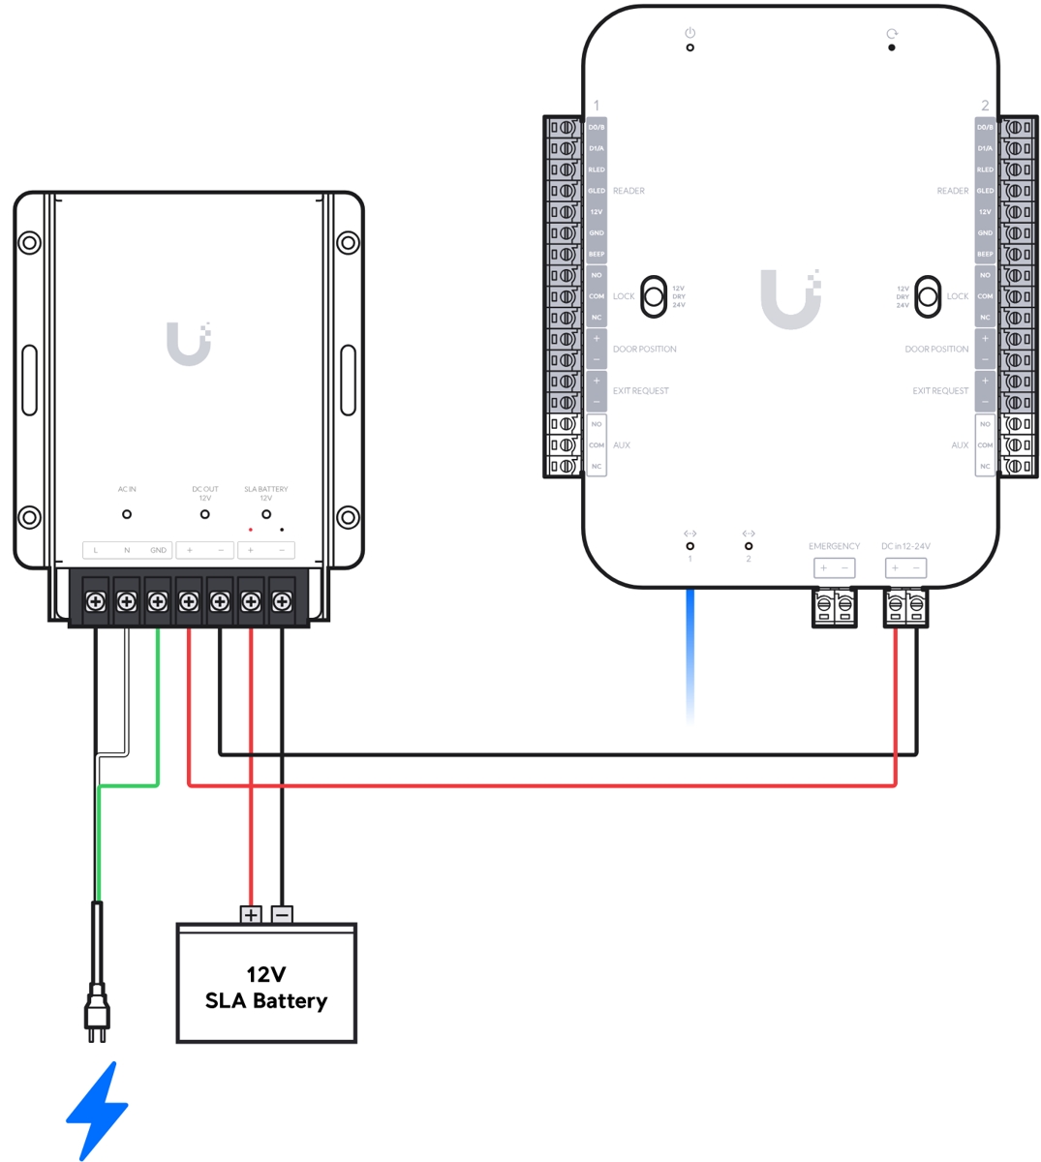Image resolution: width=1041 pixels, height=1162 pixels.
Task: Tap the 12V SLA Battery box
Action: point(266,983)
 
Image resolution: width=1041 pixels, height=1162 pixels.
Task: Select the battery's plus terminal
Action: point(251,914)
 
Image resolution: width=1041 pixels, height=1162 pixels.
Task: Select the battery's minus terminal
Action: point(282,914)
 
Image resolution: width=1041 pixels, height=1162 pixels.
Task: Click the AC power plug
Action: point(96,1012)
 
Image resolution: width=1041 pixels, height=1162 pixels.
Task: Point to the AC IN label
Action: point(127,489)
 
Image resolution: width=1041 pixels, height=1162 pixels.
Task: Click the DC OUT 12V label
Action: point(204,493)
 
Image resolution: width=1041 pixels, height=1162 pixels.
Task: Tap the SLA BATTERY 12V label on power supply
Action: point(266,493)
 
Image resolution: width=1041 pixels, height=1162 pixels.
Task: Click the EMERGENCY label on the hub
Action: point(834,546)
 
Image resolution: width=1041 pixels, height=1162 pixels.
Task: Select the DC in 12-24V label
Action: point(905,546)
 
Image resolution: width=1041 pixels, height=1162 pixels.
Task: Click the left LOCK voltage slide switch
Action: point(655,296)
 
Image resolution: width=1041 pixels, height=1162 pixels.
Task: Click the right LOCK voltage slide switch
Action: point(928,296)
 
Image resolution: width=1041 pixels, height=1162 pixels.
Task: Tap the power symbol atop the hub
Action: point(689,33)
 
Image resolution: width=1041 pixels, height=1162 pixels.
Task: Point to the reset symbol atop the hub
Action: point(892,34)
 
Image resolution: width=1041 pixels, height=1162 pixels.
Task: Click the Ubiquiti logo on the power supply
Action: point(189,344)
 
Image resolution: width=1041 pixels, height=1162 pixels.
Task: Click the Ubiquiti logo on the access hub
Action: point(791,299)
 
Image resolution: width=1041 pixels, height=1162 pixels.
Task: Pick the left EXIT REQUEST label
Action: point(640,391)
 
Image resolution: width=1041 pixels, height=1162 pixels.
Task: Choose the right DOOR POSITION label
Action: point(936,349)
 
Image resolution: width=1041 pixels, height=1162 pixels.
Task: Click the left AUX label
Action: point(622,445)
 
